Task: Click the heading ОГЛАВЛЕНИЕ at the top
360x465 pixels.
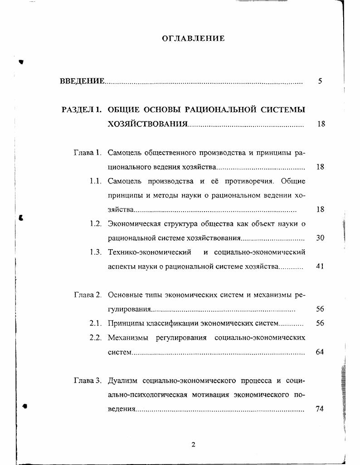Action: pos(193,39)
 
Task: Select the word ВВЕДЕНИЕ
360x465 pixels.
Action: pos(82,82)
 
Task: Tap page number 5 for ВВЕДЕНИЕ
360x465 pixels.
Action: pos(320,82)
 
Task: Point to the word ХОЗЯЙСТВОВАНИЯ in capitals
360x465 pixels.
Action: pos(147,124)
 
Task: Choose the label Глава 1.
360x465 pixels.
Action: pos(87,153)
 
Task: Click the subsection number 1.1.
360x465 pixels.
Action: pos(95,181)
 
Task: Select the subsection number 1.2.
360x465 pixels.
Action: pos(95,224)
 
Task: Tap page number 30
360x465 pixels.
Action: pos(320,238)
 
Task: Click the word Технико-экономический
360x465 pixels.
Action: pos(149,252)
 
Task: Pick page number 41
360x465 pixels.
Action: pos(320,266)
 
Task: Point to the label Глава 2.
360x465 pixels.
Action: pos(87,295)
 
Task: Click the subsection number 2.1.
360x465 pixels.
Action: pos(95,324)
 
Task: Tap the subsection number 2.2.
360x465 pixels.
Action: pos(95,338)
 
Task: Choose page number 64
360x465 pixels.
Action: pos(320,352)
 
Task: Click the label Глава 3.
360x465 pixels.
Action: pos(87,380)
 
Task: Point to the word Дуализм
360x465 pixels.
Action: pos(122,380)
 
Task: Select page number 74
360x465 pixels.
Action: pos(320,409)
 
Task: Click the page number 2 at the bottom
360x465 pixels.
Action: pos(193,445)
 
